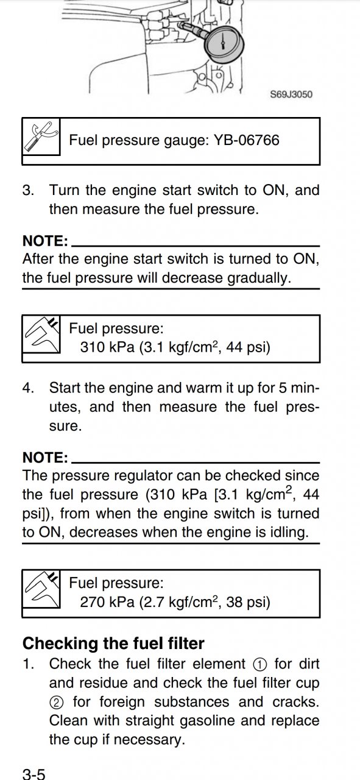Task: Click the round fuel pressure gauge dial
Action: click(224, 44)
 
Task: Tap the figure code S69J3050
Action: click(291, 94)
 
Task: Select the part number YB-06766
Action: click(246, 140)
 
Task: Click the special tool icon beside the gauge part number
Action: click(41, 136)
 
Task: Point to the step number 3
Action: click(27, 191)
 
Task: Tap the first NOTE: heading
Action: click(45, 241)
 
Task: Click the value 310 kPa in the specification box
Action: click(107, 347)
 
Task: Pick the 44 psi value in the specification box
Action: click(248, 347)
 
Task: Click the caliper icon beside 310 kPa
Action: click(41, 335)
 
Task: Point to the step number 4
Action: click(27, 388)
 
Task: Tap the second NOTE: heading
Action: click(45, 457)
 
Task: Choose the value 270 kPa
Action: click(107, 601)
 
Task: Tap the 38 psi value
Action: click(248, 601)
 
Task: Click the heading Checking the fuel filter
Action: click(113, 643)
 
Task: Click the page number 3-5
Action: click(34, 774)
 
